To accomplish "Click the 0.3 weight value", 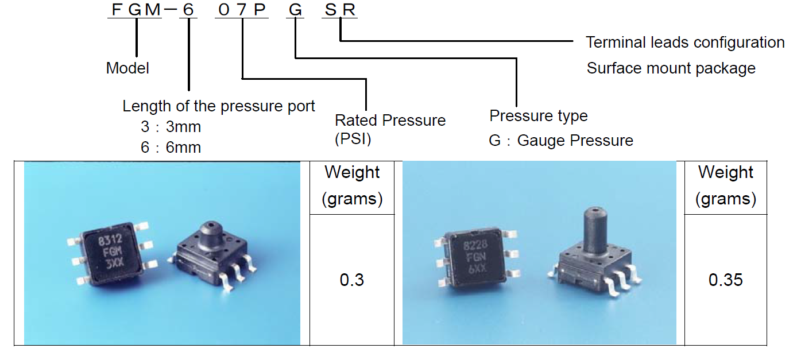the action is click(x=351, y=280).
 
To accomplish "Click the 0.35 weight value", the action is click(x=725, y=280).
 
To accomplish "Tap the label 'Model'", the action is click(x=127, y=68).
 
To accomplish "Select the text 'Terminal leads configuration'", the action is click(x=685, y=42).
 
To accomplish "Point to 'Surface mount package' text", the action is click(x=671, y=68).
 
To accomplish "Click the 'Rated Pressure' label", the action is click(x=390, y=120).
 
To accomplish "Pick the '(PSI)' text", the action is click(x=353, y=139).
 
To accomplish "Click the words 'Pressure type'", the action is click(x=539, y=116).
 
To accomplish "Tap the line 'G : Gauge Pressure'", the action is click(x=561, y=141).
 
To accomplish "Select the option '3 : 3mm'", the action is click(x=171, y=127).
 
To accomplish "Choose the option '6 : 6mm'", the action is click(x=171, y=147).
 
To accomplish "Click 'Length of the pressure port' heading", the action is click(x=218, y=106).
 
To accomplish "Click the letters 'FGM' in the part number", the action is click(x=136, y=10).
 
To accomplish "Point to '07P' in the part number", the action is click(x=242, y=10).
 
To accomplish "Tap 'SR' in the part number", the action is click(x=339, y=10).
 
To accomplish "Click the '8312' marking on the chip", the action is click(x=110, y=240).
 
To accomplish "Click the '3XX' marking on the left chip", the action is click(x=115, y=264).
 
